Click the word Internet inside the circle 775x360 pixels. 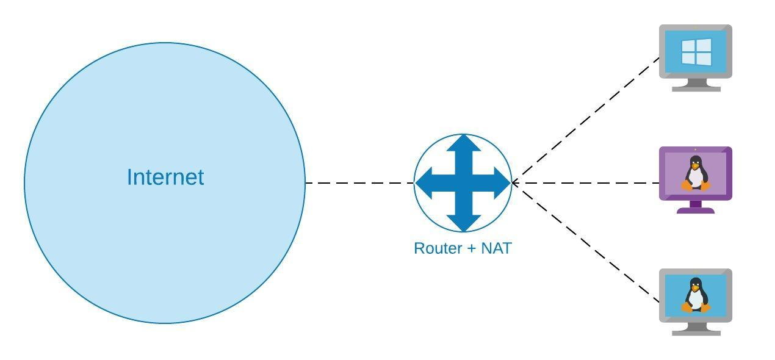click(x=165, y=177)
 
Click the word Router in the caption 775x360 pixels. click(x=438, y=248)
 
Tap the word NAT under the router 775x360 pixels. click(x=497, y=248)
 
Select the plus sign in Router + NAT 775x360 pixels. click(x=472, y=249)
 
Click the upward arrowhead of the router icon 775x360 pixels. click(x=463, y=143)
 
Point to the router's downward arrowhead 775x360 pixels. click(x=463, y=223)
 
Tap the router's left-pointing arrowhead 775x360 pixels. click(x=424, y=183)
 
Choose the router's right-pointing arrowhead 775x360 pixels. click(x=503, y=183)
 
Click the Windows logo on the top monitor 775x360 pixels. click(x=696, y=52)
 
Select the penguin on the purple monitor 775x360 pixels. click(x=696, y=173)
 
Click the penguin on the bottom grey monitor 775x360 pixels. click(x=696, y=295)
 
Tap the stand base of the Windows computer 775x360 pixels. click(x=696, y=89)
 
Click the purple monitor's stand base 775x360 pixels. click(x=696, y=211)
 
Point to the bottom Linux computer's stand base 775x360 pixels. click(x=696, y=333)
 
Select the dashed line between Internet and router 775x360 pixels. click(x=360, y=183)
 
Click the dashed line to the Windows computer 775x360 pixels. click(x=585, y=120)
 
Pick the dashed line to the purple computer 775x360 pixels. click(x=585, y=183)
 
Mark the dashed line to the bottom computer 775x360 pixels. click(x=585, y=243)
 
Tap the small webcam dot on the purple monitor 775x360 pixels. click(x=696, y=149)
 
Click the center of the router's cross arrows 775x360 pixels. click(x=463, y=183)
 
